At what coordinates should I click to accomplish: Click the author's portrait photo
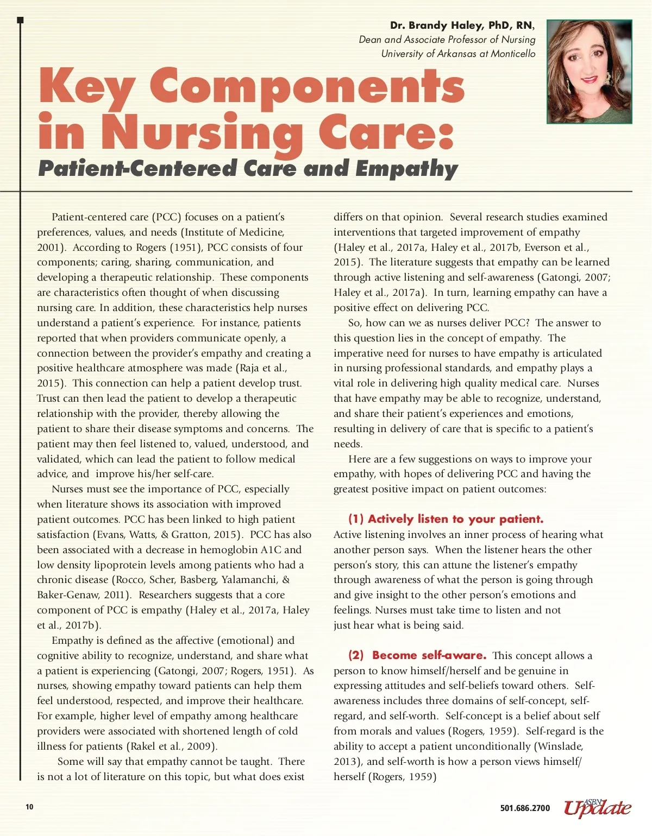590,72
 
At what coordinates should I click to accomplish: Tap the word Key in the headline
87,87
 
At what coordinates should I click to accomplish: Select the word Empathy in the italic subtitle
407,169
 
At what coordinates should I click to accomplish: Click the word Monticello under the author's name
513,54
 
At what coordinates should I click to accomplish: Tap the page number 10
29,807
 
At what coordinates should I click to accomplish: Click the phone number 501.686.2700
525,808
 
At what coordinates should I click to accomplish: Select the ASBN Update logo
598,808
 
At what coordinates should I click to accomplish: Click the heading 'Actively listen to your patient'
446,519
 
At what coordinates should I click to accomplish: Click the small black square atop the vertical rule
20,20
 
